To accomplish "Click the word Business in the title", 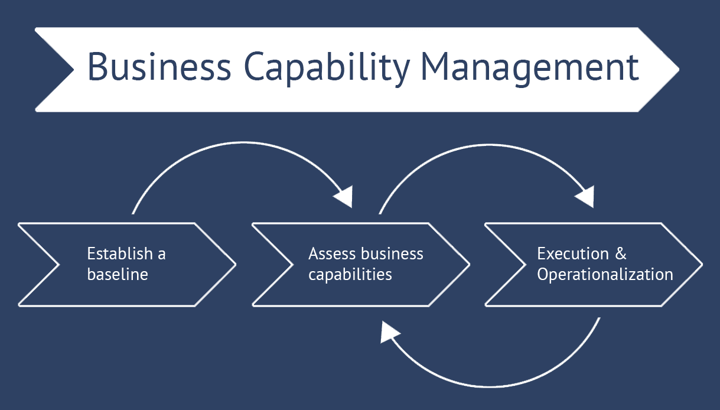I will point(159,67).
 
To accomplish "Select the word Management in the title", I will point(529,67).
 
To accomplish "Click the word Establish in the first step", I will point(119,254).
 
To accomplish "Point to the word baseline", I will point(118,274).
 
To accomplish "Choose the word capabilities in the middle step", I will point(350,275).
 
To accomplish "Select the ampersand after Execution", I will point(620,254).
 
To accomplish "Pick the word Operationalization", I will point(605,274).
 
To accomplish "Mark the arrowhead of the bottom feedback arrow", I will point(389,332).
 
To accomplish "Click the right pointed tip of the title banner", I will point(678,70).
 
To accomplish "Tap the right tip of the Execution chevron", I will point(701,265).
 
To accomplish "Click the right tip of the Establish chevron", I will point(234,265).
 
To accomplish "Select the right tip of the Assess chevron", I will point(468,265).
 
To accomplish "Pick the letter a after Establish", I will point(161,255).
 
